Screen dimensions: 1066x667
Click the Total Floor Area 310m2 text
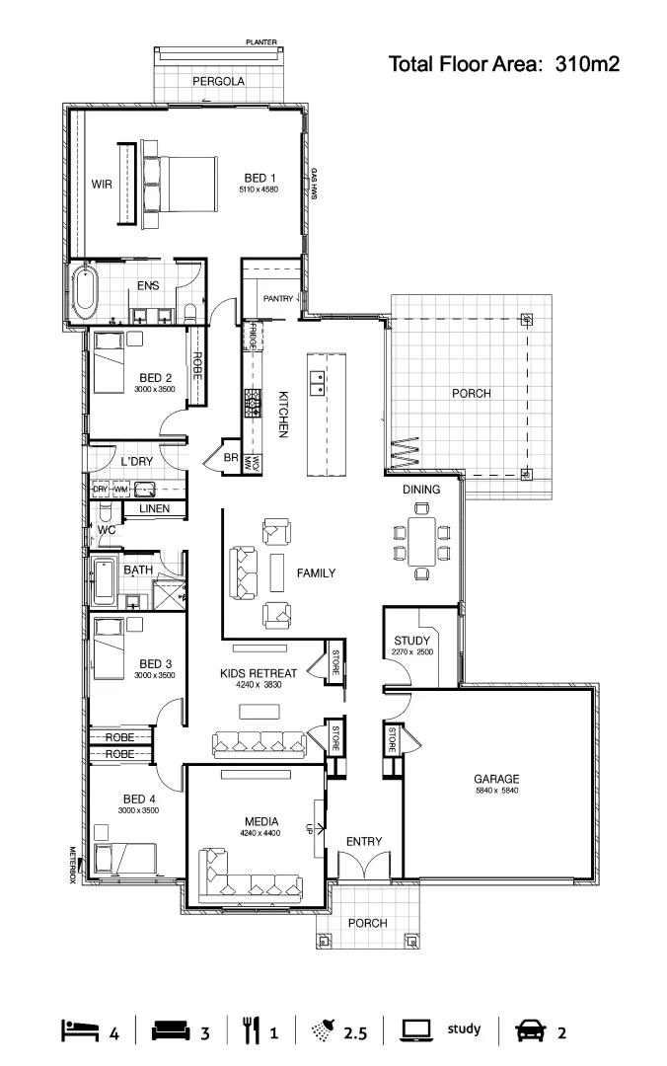click(503, 65)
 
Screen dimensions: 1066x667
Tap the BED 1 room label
click(260, 179)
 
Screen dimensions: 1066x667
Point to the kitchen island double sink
click(318, 382)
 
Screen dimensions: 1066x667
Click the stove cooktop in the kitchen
click(252, 401)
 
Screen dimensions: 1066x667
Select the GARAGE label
click(495, 777)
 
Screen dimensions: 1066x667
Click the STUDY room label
click(411, 641)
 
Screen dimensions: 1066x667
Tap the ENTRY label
click(363, 841)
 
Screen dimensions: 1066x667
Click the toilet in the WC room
click(104, 514)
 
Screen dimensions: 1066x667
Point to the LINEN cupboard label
click(154, 509)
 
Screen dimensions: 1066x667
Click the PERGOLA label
click(218, 81)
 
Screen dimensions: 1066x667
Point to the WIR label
click(102, 184)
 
